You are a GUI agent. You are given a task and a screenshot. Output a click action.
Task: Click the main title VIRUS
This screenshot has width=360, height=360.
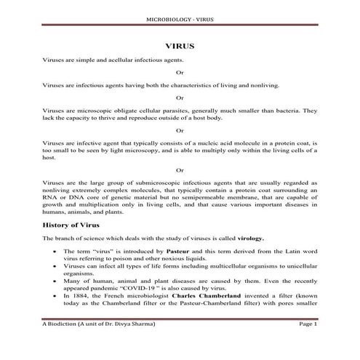pyautogui.click(x=180, y=44)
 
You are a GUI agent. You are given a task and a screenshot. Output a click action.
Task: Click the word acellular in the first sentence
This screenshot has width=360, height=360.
pyautogui.click(x=120, y=60)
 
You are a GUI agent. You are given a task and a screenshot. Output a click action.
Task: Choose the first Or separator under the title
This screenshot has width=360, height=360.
pyautogui.click(x=180, y=73)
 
